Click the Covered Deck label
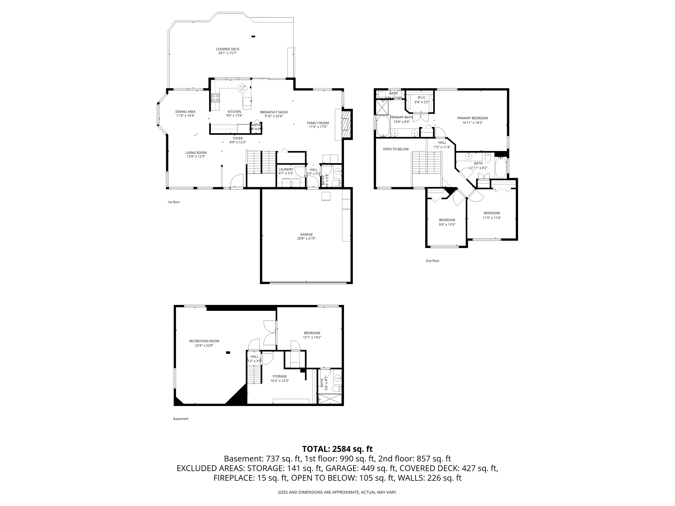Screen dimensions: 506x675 (227, 49)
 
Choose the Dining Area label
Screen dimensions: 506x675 (185, 112)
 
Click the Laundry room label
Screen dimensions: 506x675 (286, 169)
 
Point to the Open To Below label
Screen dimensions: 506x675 (396, 149)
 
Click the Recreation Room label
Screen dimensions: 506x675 (204, 341)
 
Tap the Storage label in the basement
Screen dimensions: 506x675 (279, 376)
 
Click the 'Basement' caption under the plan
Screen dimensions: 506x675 (181, 419)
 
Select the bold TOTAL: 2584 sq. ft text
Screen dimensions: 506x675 (337, 449)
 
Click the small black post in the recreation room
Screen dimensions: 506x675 (228, 353)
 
